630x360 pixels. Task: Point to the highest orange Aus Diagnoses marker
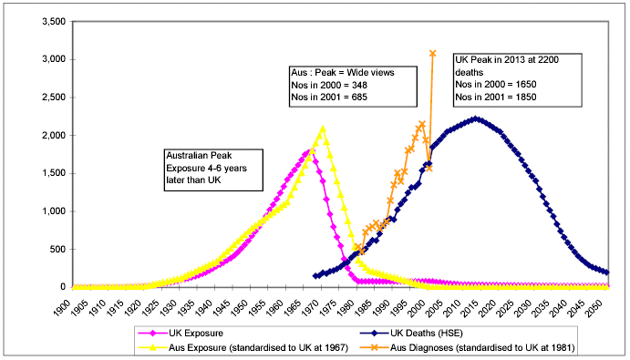(x=432, y=54)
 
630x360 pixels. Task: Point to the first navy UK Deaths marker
(x=315, y=275)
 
